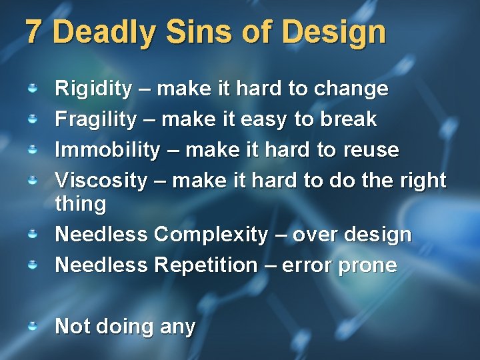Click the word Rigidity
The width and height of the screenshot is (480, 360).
(x=93, y=89)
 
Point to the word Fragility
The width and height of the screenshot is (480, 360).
(x=95, y=119)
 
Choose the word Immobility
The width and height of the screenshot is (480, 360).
(x=107, y=149)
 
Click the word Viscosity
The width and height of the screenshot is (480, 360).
(x=100, y=180)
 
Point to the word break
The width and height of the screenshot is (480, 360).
(x=348, y=119)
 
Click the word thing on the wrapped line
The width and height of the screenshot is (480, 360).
(x=80, y=204)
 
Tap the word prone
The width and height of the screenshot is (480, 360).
(x=368, y=265)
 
